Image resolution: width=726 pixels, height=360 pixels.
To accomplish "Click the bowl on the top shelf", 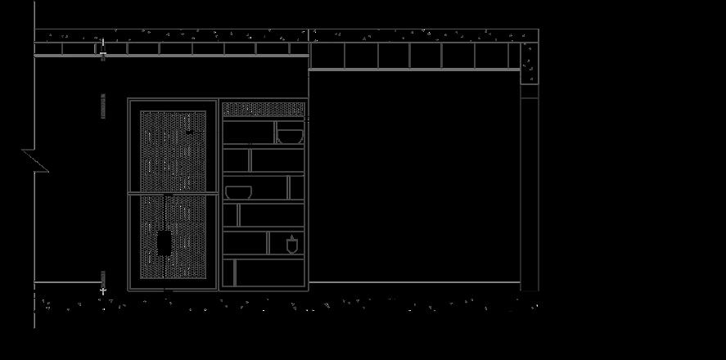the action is coord(289,135).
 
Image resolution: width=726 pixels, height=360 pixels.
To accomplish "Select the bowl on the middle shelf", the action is coord(238,192).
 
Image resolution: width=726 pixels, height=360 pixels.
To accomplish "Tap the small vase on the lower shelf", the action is coord(292,245).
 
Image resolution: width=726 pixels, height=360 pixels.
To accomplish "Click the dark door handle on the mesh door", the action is coord(165,243).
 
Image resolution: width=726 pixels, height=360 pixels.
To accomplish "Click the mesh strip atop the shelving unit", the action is coord(264,108).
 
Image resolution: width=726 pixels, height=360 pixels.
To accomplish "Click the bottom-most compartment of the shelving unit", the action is coord(269,272).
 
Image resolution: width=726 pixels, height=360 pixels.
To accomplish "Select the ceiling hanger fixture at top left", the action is coord(103,51).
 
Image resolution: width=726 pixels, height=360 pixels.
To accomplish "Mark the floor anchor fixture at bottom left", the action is coord(103,284).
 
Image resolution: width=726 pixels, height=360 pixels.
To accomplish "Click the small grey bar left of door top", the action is coord(103,106).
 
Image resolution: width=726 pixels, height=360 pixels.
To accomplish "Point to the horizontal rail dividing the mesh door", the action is coord(172,194).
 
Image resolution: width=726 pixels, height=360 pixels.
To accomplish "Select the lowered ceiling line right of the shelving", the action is coord(413,70).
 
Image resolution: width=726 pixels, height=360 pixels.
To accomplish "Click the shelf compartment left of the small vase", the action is coord(245,243).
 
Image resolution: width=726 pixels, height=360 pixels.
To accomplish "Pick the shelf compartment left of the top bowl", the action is coord(249,133).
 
